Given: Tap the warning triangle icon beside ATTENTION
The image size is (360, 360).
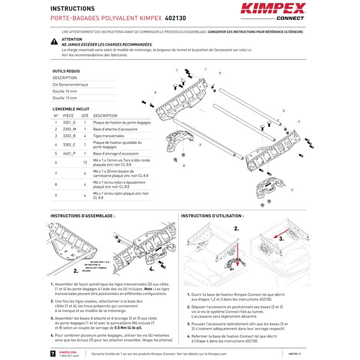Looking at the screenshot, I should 54,41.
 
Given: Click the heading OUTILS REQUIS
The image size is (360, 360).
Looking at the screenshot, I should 66,71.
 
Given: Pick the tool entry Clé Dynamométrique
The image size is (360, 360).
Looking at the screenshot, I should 70,85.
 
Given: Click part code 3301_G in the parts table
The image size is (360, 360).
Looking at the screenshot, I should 70,122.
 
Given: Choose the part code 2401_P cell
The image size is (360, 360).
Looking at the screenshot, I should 70,154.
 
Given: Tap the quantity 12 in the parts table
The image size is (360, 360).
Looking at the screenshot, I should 85,163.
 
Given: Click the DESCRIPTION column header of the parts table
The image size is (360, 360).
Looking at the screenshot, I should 106,115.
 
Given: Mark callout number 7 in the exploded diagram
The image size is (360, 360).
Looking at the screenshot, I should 177,70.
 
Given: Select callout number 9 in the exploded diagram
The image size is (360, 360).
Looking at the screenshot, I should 220,73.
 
